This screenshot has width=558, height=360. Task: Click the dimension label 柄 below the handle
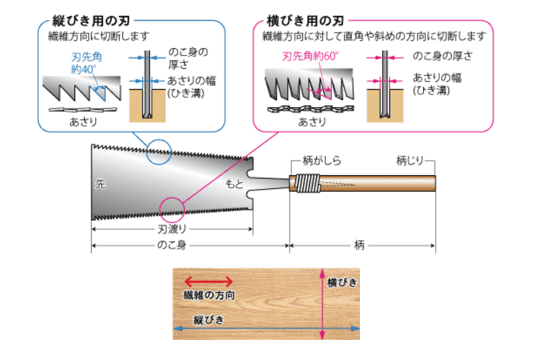pos(359,246)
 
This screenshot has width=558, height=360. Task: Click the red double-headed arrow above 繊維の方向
pos(204,281)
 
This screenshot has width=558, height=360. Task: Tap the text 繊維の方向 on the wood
pos(208,295)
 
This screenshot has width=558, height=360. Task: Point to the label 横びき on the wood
pos(342,282)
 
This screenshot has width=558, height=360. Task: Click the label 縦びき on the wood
pos(208,319)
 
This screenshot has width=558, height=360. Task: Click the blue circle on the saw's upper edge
pos(158,152)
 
